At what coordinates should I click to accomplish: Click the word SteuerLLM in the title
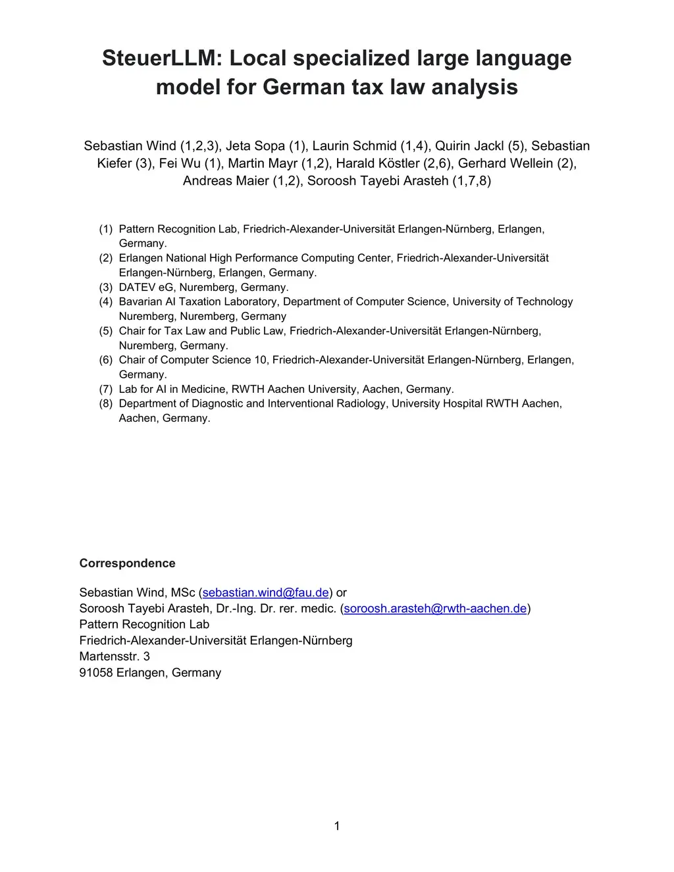[x=161, y=59]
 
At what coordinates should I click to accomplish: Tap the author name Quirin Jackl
[x=469, y=146]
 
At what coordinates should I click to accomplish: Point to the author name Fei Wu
[x=180, y=163]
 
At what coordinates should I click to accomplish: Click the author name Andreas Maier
[x=226, y=180]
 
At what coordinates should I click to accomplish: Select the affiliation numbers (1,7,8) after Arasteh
[x=471, y=180]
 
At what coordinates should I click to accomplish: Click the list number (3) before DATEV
[x=106, y=288]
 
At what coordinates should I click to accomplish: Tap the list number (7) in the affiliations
[x=106, y=389]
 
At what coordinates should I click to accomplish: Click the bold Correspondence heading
[x=127, y=563]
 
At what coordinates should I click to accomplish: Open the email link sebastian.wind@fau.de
[x=266, y=592]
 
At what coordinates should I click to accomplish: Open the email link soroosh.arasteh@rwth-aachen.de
[x=435, y=608]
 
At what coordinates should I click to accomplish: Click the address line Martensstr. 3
[x=115, y=656]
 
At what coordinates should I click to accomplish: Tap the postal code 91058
[x=96, y=673]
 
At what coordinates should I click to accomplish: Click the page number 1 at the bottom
[x=337, y=827]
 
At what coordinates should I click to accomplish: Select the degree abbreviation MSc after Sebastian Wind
[x=183, y=592]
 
